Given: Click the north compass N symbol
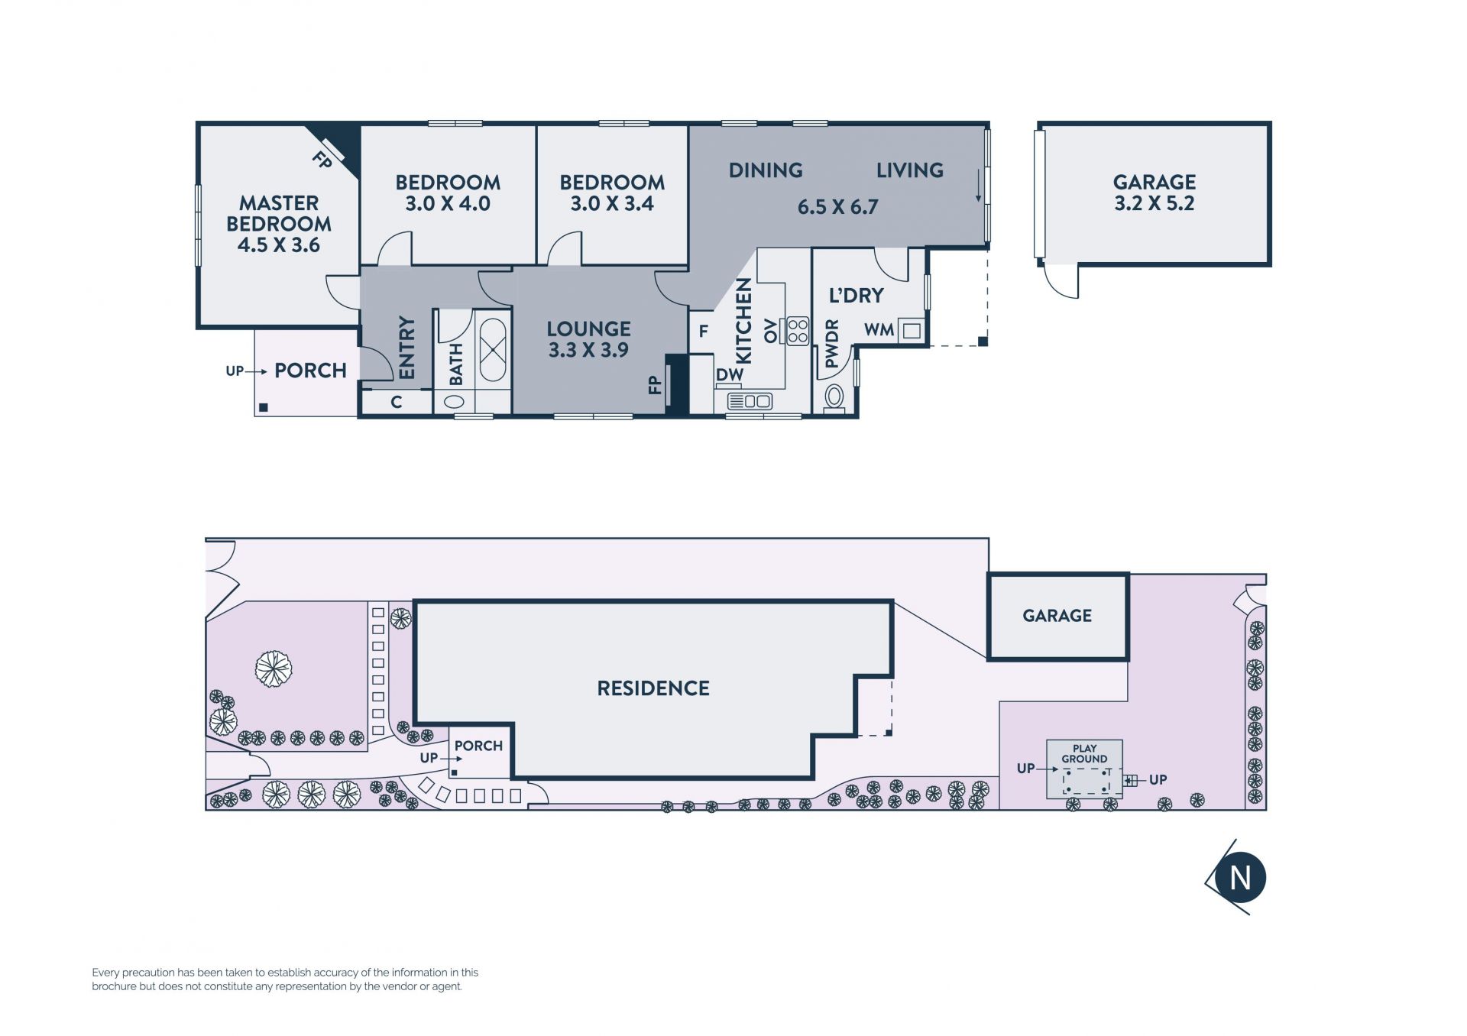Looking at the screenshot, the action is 1240,877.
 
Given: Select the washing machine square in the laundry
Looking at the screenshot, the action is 911,331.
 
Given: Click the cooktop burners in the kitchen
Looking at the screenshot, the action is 798,331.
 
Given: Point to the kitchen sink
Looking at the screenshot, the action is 750,400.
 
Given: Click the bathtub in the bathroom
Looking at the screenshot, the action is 492,350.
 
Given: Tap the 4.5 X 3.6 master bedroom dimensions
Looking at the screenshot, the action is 279,245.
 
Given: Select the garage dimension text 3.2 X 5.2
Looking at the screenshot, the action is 1154,203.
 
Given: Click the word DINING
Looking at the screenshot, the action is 766,170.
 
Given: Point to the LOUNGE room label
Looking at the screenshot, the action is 588,329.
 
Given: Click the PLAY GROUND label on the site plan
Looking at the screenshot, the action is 1084,753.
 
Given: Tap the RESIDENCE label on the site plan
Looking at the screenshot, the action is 653,688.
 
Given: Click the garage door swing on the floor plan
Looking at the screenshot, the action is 1061,283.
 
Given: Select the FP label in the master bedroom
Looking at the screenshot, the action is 322,159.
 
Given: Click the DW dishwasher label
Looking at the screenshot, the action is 730,375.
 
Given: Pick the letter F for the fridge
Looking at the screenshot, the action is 704,332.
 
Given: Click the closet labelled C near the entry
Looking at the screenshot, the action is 397,402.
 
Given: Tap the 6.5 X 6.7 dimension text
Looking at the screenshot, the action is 837,207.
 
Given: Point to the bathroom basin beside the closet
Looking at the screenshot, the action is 455,402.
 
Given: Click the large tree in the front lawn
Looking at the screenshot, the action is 274,669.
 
